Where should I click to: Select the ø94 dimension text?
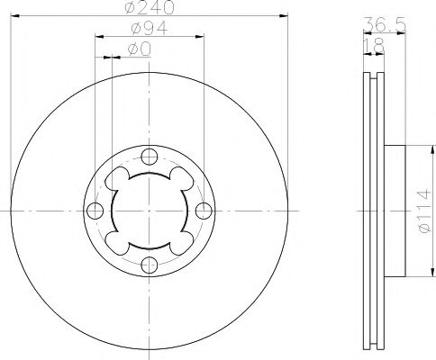coord(149,30)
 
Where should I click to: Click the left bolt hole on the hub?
coord(95,211)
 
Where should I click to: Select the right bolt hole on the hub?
coord(203,211)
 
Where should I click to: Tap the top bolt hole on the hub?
coord(149,157)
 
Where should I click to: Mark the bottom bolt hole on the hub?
coord(149,265)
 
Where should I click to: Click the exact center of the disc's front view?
coord(149,211)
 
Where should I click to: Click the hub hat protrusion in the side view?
coord(395,211)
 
